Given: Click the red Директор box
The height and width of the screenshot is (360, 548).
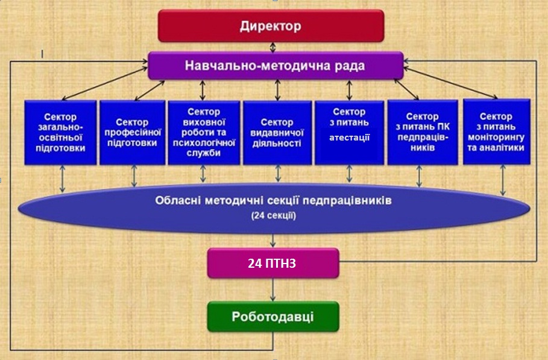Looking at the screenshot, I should (271, 26).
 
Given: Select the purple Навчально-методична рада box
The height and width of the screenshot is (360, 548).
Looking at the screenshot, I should (276, 65).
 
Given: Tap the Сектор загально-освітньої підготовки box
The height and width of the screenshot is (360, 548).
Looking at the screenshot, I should (60, 133).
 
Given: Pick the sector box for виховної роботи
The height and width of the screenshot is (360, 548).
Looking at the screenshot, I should (204, 133).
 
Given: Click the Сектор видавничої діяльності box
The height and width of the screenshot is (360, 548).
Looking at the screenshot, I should (277, 133).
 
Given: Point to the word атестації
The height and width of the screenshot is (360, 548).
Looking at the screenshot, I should (349, 137).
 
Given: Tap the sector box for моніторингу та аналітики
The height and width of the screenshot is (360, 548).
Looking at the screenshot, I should (496, 133).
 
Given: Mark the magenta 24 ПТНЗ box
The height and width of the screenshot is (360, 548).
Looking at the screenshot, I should (273, 264).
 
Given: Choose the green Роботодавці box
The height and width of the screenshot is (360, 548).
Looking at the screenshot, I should (273, 317).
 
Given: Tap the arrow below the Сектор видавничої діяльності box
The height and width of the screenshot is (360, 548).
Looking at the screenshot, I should (278, 174).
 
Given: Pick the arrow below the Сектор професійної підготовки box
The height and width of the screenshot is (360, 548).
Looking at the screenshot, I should (134, 175).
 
